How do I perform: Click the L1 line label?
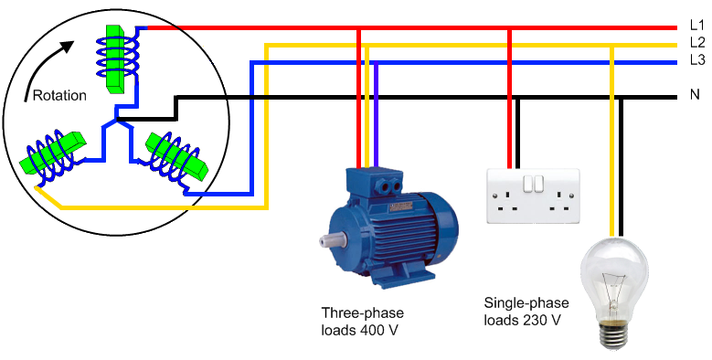click(696, 27)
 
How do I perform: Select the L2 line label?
click(696, 44)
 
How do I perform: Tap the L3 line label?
click(696, 60)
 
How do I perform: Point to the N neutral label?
click(694, 94)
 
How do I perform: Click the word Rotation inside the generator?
click(58, 95)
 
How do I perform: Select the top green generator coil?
click(115, 57)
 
